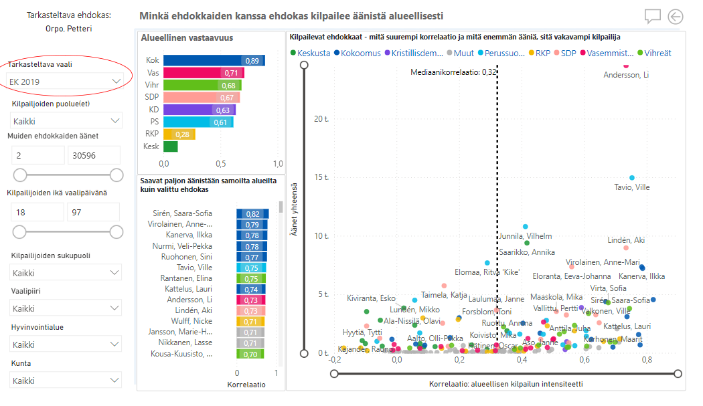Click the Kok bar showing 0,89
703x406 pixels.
pyautogui.click(x=214, y=61)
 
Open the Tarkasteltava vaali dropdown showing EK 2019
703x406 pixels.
pyautogui.click(x=66, y=81)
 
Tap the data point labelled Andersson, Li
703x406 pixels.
pyautogui.click(x=627, y=65)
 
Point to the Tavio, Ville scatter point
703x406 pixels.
pyautogui.click(x=631, y=178)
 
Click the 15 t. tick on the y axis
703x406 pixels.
pyautogui.click(x=321, y=177)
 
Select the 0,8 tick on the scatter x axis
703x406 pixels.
pyautogui.click(x=647, y=360)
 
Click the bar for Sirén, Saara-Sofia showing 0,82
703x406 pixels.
pyautogui.click(x=252, y=213)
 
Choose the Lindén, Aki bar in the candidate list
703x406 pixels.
pyautogui.click(x=251, y=311)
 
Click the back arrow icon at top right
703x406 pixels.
pyautogui.click(x=676, y=17)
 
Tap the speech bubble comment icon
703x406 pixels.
pyautogui.click(x=653, y=17)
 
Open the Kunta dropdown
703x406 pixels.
pyautogui.click(x=66, y=381)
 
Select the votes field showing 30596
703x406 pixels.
pyautogui.click(x=93, y=155)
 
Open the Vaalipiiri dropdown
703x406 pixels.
pyautogui.click(x=66, y=308)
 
